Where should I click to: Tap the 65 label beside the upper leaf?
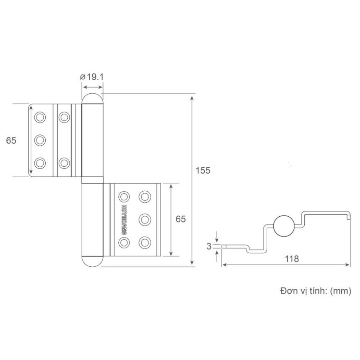[11, 140]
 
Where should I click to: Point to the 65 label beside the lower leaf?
[181, 219]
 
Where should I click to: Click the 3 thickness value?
[209, 246]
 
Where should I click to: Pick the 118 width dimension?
[292, 259]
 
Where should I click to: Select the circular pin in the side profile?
[284, 225]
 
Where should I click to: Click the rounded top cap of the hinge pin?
[92, 98]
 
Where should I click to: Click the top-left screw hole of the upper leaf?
[40, 117]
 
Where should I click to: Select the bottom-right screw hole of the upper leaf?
[64, 163]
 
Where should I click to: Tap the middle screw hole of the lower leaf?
[145, 219]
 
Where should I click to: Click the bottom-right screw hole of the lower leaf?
[145, 242]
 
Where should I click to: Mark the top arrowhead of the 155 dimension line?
[194, 96]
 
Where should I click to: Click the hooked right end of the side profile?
[349, 216]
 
